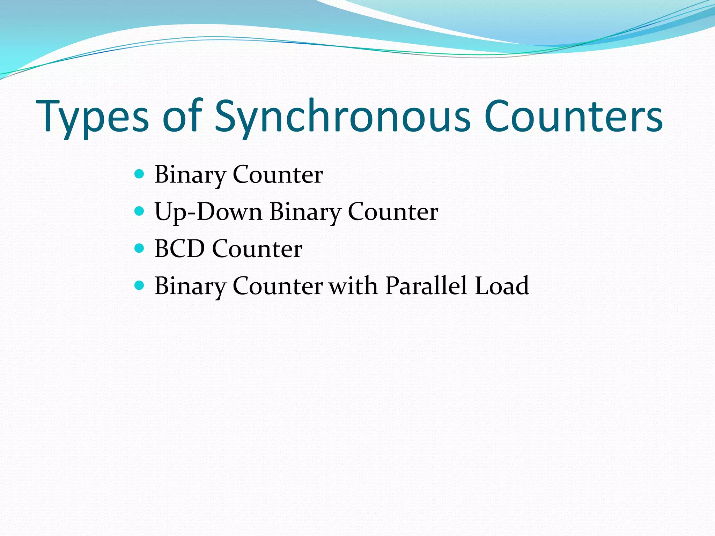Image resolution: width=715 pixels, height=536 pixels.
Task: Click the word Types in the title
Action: pyautogui.click(x=93, y=117)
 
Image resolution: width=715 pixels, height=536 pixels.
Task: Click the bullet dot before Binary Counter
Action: pyautogui.click(x=139, y=174)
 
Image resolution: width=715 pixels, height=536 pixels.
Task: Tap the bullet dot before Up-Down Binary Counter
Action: pyautogui.click(x=139, y=211)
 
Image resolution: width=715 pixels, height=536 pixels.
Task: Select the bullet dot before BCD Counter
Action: pyautogui.click(x=139, y=248)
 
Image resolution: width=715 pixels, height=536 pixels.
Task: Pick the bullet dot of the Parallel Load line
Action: pyautogui.click(x=139, y=285)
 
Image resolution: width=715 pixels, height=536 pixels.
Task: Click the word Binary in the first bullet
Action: pyautogui.click(x=190, y=174)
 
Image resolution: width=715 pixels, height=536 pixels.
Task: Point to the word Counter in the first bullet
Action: pyautogui.click(x=278, y=174)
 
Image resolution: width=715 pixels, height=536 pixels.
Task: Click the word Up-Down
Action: pyautogui.click(x=208, y=212)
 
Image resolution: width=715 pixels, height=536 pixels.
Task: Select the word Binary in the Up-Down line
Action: pyautogui.click(x=305, y=212)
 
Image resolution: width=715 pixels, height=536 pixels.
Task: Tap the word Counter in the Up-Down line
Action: pyautogui.click(x=393, y=212)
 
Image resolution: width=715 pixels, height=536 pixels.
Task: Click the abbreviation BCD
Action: pyautogui.click(x=179, y=249)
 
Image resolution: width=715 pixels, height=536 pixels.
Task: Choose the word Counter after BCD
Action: pyautogui.click(x=257, y=249)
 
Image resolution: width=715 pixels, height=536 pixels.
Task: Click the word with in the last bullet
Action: pyautogui.click(x=353, y=286)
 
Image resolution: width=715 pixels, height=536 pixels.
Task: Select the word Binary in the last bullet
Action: pyautogui.click(x=190, y=286)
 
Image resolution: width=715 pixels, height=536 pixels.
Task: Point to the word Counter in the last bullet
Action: pyautogui.click(x=278, y=286)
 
